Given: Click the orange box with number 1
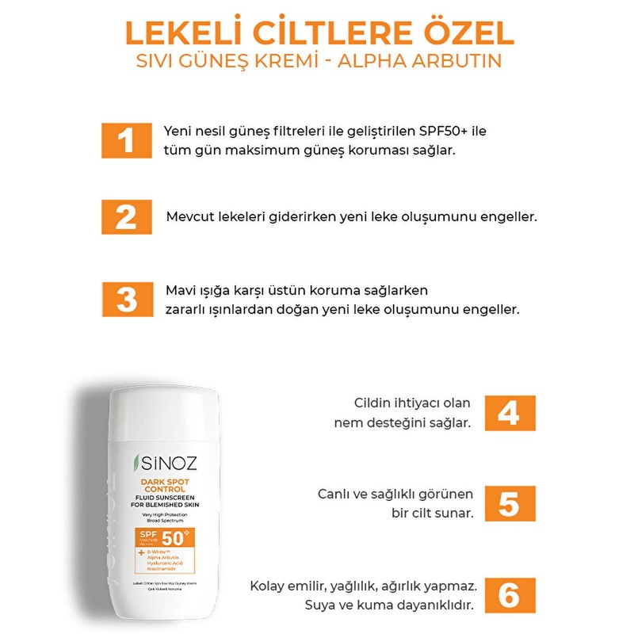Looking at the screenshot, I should [126, 140].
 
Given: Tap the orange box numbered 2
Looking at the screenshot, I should [126, 216].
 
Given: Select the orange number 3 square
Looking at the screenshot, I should [126, 299].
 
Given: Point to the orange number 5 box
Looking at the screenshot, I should [508, 503].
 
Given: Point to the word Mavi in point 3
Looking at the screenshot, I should [179, 290].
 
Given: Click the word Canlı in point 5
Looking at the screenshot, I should [335, 494].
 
